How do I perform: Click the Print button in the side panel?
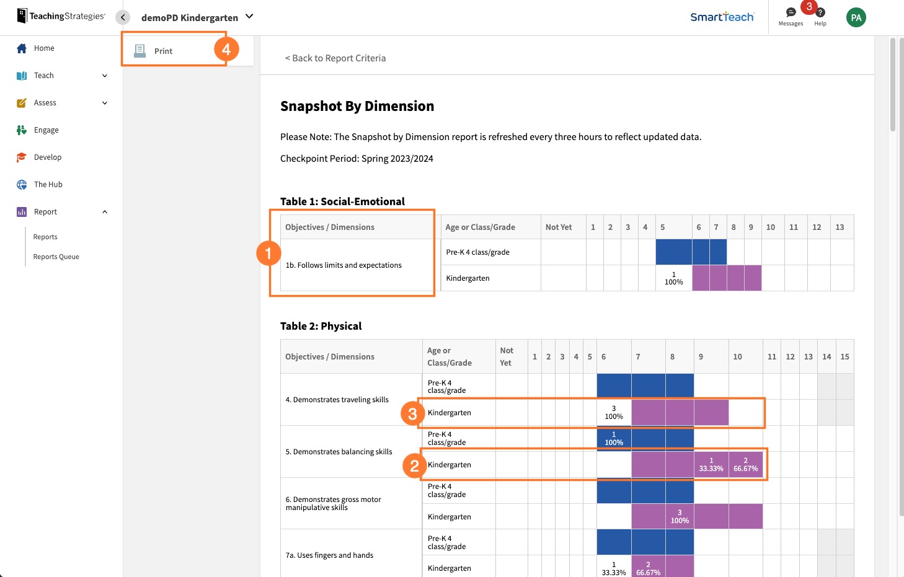pyautogui.click(x=162, y=51)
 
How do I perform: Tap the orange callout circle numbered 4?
pyautogui.click(x=226, y=50)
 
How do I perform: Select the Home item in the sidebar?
pyautogui.click(x=43, y=48)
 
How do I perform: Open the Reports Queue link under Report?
pyautogui.click(x=56, y=257)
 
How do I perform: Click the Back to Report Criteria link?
pyautogui.click(x=335, y=58)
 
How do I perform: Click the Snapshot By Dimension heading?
pyautogui.click(x=357, y=106)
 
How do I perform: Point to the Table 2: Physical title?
pyautogui.click(x=321, y=326)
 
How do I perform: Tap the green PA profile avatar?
pyautogui.click(x=856, y=17)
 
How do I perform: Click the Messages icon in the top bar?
pyautogui.click(x=791, y=13)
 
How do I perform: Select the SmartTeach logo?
pyautogui.click(x=722, y=17)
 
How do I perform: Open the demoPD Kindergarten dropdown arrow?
pyautogui.click(x=249, y=16)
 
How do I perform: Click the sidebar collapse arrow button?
pyautogui.click(x=123, y=17)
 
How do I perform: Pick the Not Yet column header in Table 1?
pyautogui.click(x=559, y=227)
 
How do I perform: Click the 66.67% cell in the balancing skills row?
pyautogui.click(x=745, y=465)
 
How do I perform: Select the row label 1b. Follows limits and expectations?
pyautogui.click(x=343, y=265)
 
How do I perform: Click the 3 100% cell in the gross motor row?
pyautogui.click(x=680, y=516)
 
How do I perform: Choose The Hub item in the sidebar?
pyautogui.click(x=48, y=185)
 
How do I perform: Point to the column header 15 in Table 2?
pyautogui.click(x=844, y=357)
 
